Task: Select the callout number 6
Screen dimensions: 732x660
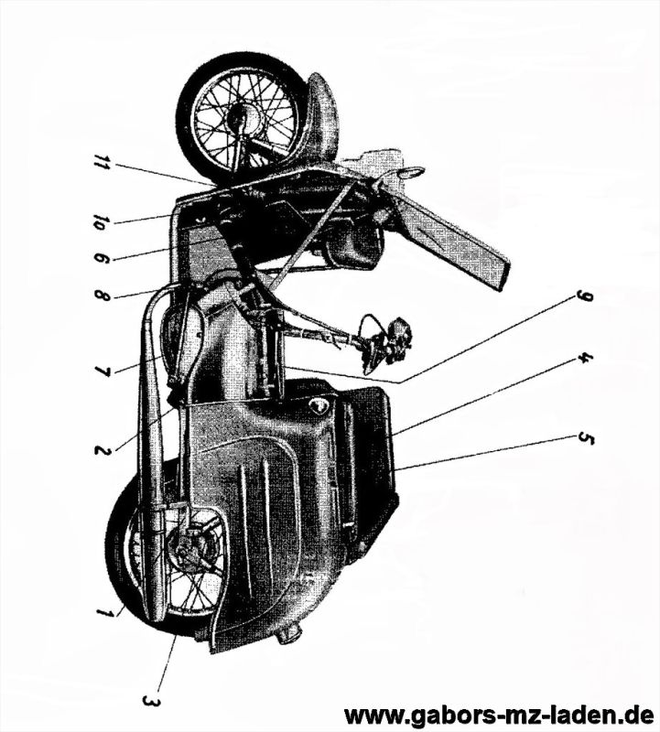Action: click(102, 259)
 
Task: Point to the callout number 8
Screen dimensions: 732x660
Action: click(102, 296)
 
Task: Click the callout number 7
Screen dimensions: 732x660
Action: click(103, 371)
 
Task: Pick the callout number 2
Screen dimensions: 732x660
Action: click(106, 449)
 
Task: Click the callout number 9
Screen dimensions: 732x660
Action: click(584, 296)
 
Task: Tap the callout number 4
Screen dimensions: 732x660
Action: click(584, 359)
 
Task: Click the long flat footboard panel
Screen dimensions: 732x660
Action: click(453, 238)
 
